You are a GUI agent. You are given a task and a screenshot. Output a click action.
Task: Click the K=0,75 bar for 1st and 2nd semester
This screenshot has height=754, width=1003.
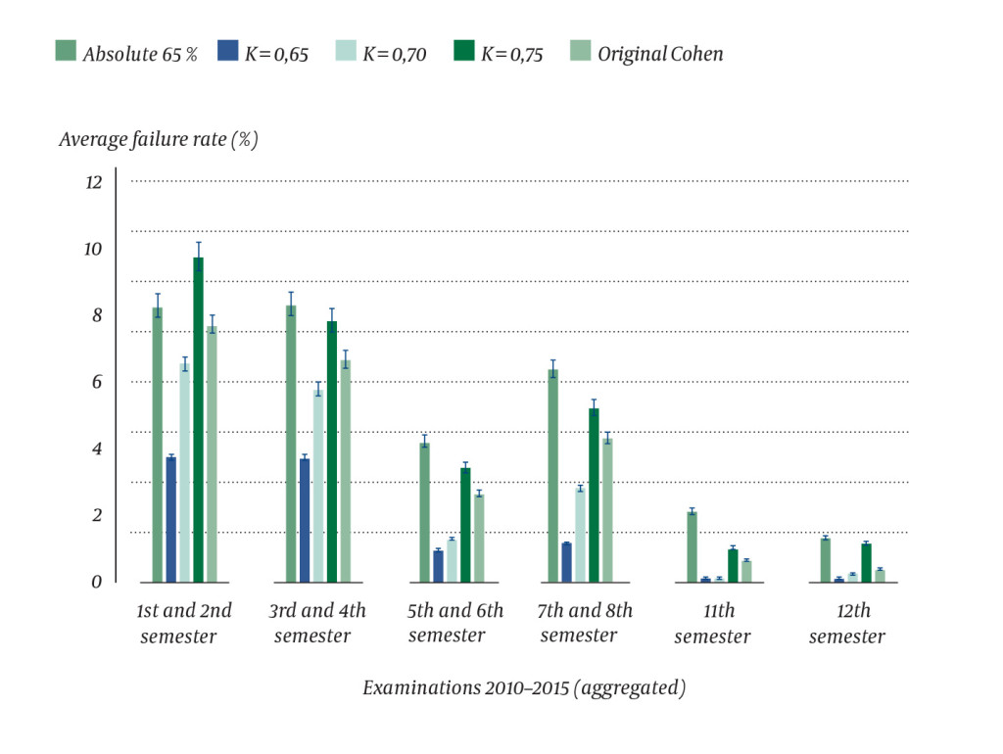point(198,421)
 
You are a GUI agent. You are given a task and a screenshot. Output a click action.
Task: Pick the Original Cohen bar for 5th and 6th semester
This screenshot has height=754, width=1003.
point(479,539)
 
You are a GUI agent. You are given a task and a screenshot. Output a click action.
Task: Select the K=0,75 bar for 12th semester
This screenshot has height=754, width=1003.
point(866,563)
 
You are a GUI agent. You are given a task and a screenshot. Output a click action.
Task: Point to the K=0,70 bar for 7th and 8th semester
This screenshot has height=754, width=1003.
point(580,535)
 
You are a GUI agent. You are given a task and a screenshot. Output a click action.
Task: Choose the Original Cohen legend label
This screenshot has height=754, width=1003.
point(660,54)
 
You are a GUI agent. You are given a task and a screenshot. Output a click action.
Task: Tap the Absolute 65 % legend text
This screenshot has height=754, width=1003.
point(140,54)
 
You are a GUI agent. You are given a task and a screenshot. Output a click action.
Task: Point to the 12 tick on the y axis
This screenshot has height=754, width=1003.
point(93,183)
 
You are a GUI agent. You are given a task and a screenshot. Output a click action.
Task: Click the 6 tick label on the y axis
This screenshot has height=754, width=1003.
point(96,383)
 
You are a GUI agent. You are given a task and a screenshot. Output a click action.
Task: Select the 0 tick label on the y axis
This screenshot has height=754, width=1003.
point(96,583)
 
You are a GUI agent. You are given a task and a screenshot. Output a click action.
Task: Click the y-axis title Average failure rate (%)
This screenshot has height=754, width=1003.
point(158,140)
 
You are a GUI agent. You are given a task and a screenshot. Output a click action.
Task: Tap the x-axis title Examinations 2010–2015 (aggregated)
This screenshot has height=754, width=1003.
point(524,688)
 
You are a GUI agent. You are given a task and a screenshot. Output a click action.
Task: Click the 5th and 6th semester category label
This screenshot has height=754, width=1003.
point(455,623)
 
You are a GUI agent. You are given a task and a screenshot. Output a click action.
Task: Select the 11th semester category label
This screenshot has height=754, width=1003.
point(712,623)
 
